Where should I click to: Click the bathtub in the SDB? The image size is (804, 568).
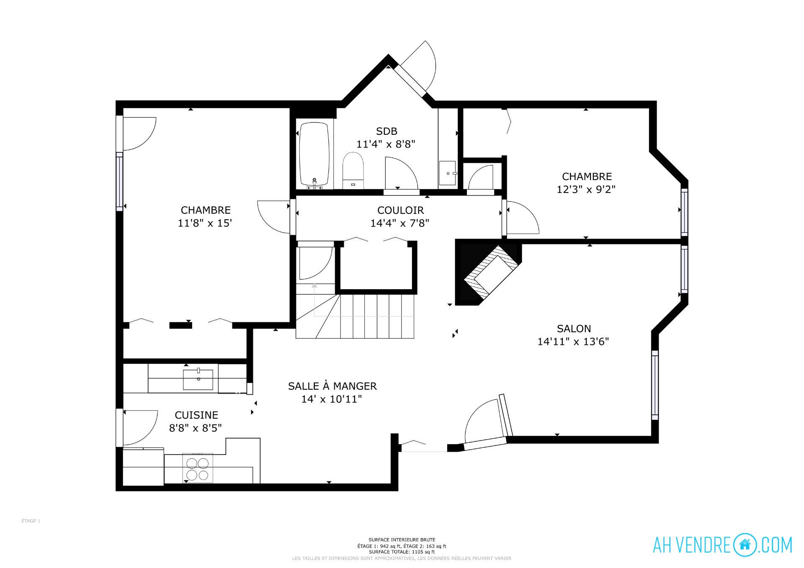(x=314, y=154)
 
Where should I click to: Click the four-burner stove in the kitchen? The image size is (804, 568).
(x=198, y=468)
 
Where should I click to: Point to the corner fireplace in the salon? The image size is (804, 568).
(x=488, y=272)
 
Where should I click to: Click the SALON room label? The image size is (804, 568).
(x=574, y=329)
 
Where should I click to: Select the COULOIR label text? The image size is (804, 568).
(x=400, y=210)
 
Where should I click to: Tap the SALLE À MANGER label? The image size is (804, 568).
(x=332, y=386)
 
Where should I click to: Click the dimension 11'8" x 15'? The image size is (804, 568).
(x=205, y=223)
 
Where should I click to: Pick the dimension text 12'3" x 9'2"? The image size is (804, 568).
(x=586, y=189)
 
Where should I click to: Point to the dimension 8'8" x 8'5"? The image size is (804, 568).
(x=195, y=428)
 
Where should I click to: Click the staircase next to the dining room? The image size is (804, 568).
(x=355, y=316)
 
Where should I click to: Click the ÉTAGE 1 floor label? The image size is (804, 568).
(x=31, y=521)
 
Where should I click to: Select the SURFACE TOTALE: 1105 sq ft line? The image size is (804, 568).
(x=402, y=552)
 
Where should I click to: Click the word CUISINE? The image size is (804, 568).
(x=196, y=415)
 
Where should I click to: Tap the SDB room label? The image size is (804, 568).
(x=387, y=131)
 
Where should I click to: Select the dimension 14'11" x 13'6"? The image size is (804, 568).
(x=573, y=342)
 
